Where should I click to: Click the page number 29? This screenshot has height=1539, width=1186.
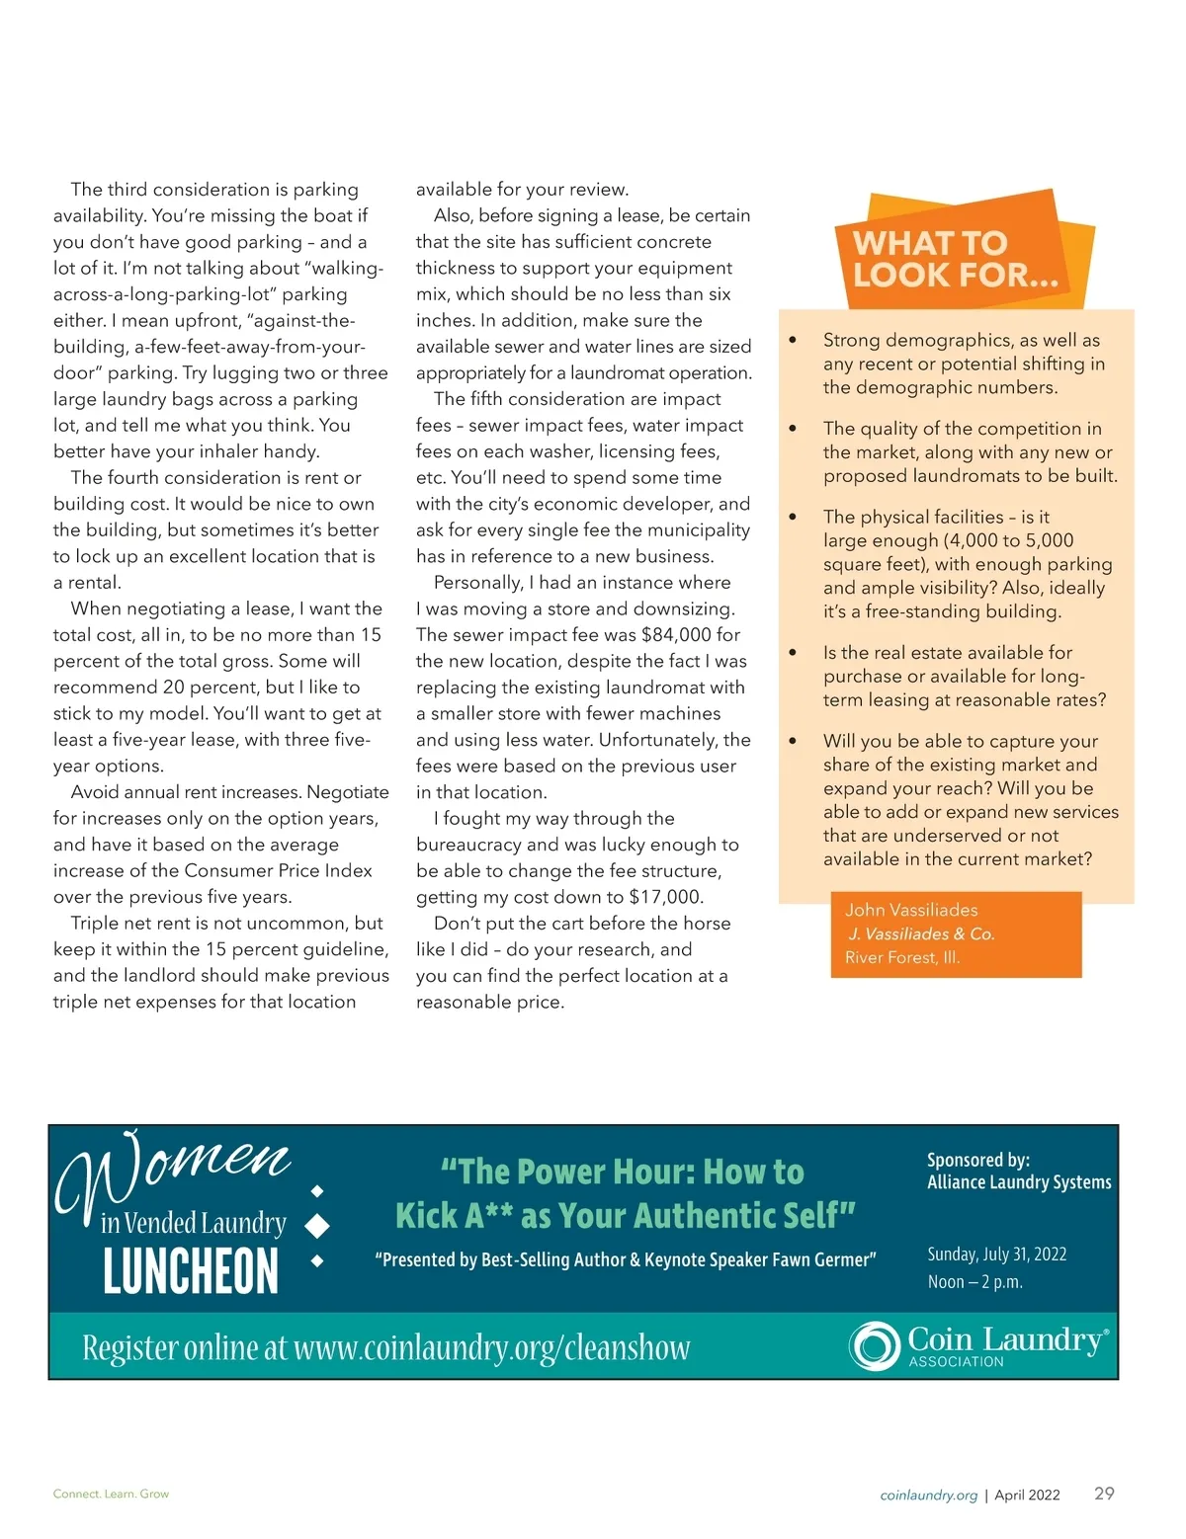coord(1104,1493)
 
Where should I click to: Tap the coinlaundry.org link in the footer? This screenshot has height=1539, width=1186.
coord(928,1496)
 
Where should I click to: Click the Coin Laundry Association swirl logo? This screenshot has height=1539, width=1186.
coord(874,1345)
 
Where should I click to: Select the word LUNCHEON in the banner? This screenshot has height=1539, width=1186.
coord(191,1270)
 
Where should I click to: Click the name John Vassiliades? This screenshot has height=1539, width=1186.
coord(911,910)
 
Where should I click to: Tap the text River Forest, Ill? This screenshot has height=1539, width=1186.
coord(901,957)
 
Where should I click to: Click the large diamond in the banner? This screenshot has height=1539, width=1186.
coord(317,1226)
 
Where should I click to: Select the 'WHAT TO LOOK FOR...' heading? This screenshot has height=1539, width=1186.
coord(954,259)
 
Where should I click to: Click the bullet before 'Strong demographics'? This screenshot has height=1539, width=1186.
coord(793,340)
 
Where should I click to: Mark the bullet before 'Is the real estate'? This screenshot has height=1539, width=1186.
coord(793,652)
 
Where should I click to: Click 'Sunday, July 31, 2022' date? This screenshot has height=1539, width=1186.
coord(996,1255)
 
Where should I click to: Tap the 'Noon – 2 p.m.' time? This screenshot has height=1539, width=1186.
coord(974,1282)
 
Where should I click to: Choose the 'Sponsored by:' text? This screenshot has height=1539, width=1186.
coord(978,1161)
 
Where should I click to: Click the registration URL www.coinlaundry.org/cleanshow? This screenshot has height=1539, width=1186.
coord(491,1347)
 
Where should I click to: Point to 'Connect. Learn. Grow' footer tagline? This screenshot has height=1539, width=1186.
coord(111,1494)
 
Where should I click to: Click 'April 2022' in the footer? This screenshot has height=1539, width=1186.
coord(1027,1496)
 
